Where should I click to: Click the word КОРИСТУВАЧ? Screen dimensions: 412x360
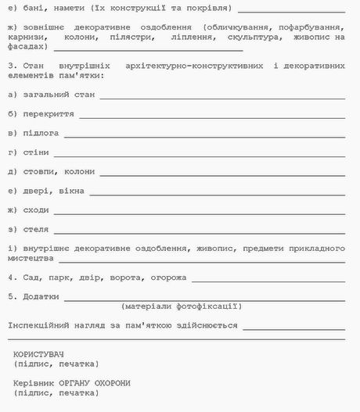(38, 354)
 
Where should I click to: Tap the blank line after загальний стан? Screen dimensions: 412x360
(222, 97)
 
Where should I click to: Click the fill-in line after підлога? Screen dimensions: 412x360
(205, 135)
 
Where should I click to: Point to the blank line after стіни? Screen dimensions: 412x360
(200, 154)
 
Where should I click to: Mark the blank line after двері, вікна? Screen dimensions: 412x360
(222, 192)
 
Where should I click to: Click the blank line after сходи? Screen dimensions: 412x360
(200, 212)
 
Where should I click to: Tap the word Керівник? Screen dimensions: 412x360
(33, 383)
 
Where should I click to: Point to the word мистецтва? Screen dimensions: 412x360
(31, 258)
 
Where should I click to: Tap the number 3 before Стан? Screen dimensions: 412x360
(11, 66)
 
